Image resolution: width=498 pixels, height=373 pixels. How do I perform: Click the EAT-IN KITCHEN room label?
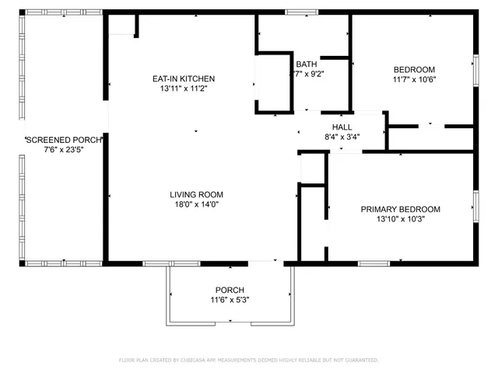point(183,78)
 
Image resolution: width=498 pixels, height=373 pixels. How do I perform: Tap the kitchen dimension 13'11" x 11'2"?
point(183,89)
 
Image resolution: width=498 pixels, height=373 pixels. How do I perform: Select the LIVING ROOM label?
point(197,194)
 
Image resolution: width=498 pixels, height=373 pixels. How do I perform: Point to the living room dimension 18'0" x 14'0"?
point(197,204)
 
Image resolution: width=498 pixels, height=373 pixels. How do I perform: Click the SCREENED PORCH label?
point(64,140)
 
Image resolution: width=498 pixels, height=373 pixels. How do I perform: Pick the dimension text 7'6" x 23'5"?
point(64,149)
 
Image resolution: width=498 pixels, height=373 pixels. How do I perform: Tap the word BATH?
point(306,64)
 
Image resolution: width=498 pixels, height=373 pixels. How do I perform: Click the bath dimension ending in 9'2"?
point(307,75)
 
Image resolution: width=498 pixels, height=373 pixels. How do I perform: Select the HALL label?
point(342,127)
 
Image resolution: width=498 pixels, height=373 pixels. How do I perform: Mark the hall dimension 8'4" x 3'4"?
point(342,137)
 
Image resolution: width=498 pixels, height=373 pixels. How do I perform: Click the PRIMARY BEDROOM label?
point(400,209)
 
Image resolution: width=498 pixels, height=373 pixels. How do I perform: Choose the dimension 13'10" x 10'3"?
point(400,219)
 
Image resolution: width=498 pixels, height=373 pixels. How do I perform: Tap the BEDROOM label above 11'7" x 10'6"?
point(414,69)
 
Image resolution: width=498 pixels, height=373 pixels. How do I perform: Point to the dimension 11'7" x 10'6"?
point(414,78)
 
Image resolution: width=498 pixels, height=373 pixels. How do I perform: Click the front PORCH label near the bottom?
point(230,290)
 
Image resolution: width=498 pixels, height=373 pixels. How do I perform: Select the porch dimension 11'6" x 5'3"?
point(230,300)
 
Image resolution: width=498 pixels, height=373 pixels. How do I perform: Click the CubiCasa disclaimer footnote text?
point(248,360)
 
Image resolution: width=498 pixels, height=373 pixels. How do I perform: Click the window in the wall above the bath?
point(296,12)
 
